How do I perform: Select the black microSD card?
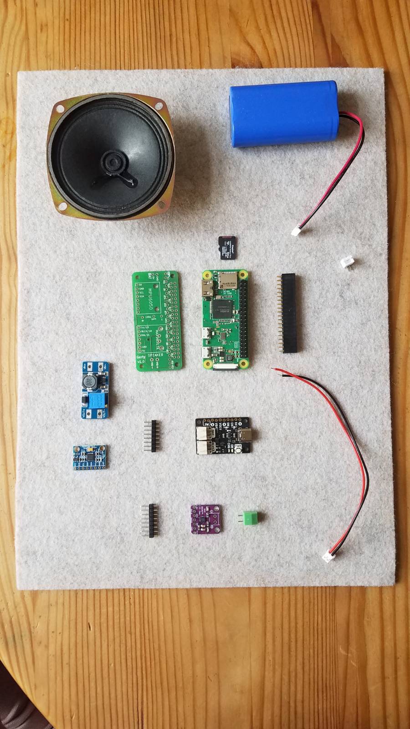(225, 248)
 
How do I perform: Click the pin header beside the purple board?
(149, 520)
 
